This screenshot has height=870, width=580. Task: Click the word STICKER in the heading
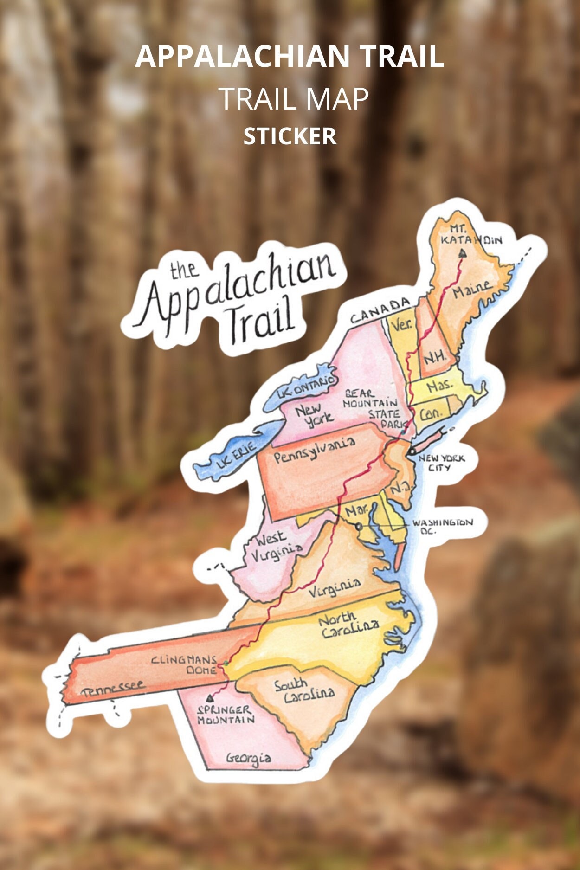coord(290,136)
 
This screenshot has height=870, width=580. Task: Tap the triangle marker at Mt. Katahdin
coord(462,253)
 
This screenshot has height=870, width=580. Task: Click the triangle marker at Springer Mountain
coord(210,698)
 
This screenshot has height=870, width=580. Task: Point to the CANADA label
coord(380,311)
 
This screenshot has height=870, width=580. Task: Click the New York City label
coord(441,463)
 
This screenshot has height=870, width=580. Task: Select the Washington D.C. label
coord(442,526)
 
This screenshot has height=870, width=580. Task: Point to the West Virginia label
coord(277,546)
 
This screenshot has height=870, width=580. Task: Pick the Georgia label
coord(248,758)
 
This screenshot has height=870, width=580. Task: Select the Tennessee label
coord(113,689)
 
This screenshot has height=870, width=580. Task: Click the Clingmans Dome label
coord(185,664)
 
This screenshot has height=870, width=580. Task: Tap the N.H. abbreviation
coord(434,357)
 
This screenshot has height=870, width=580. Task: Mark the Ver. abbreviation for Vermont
coord(401,324)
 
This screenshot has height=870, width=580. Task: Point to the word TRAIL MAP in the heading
coord(293,98)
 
